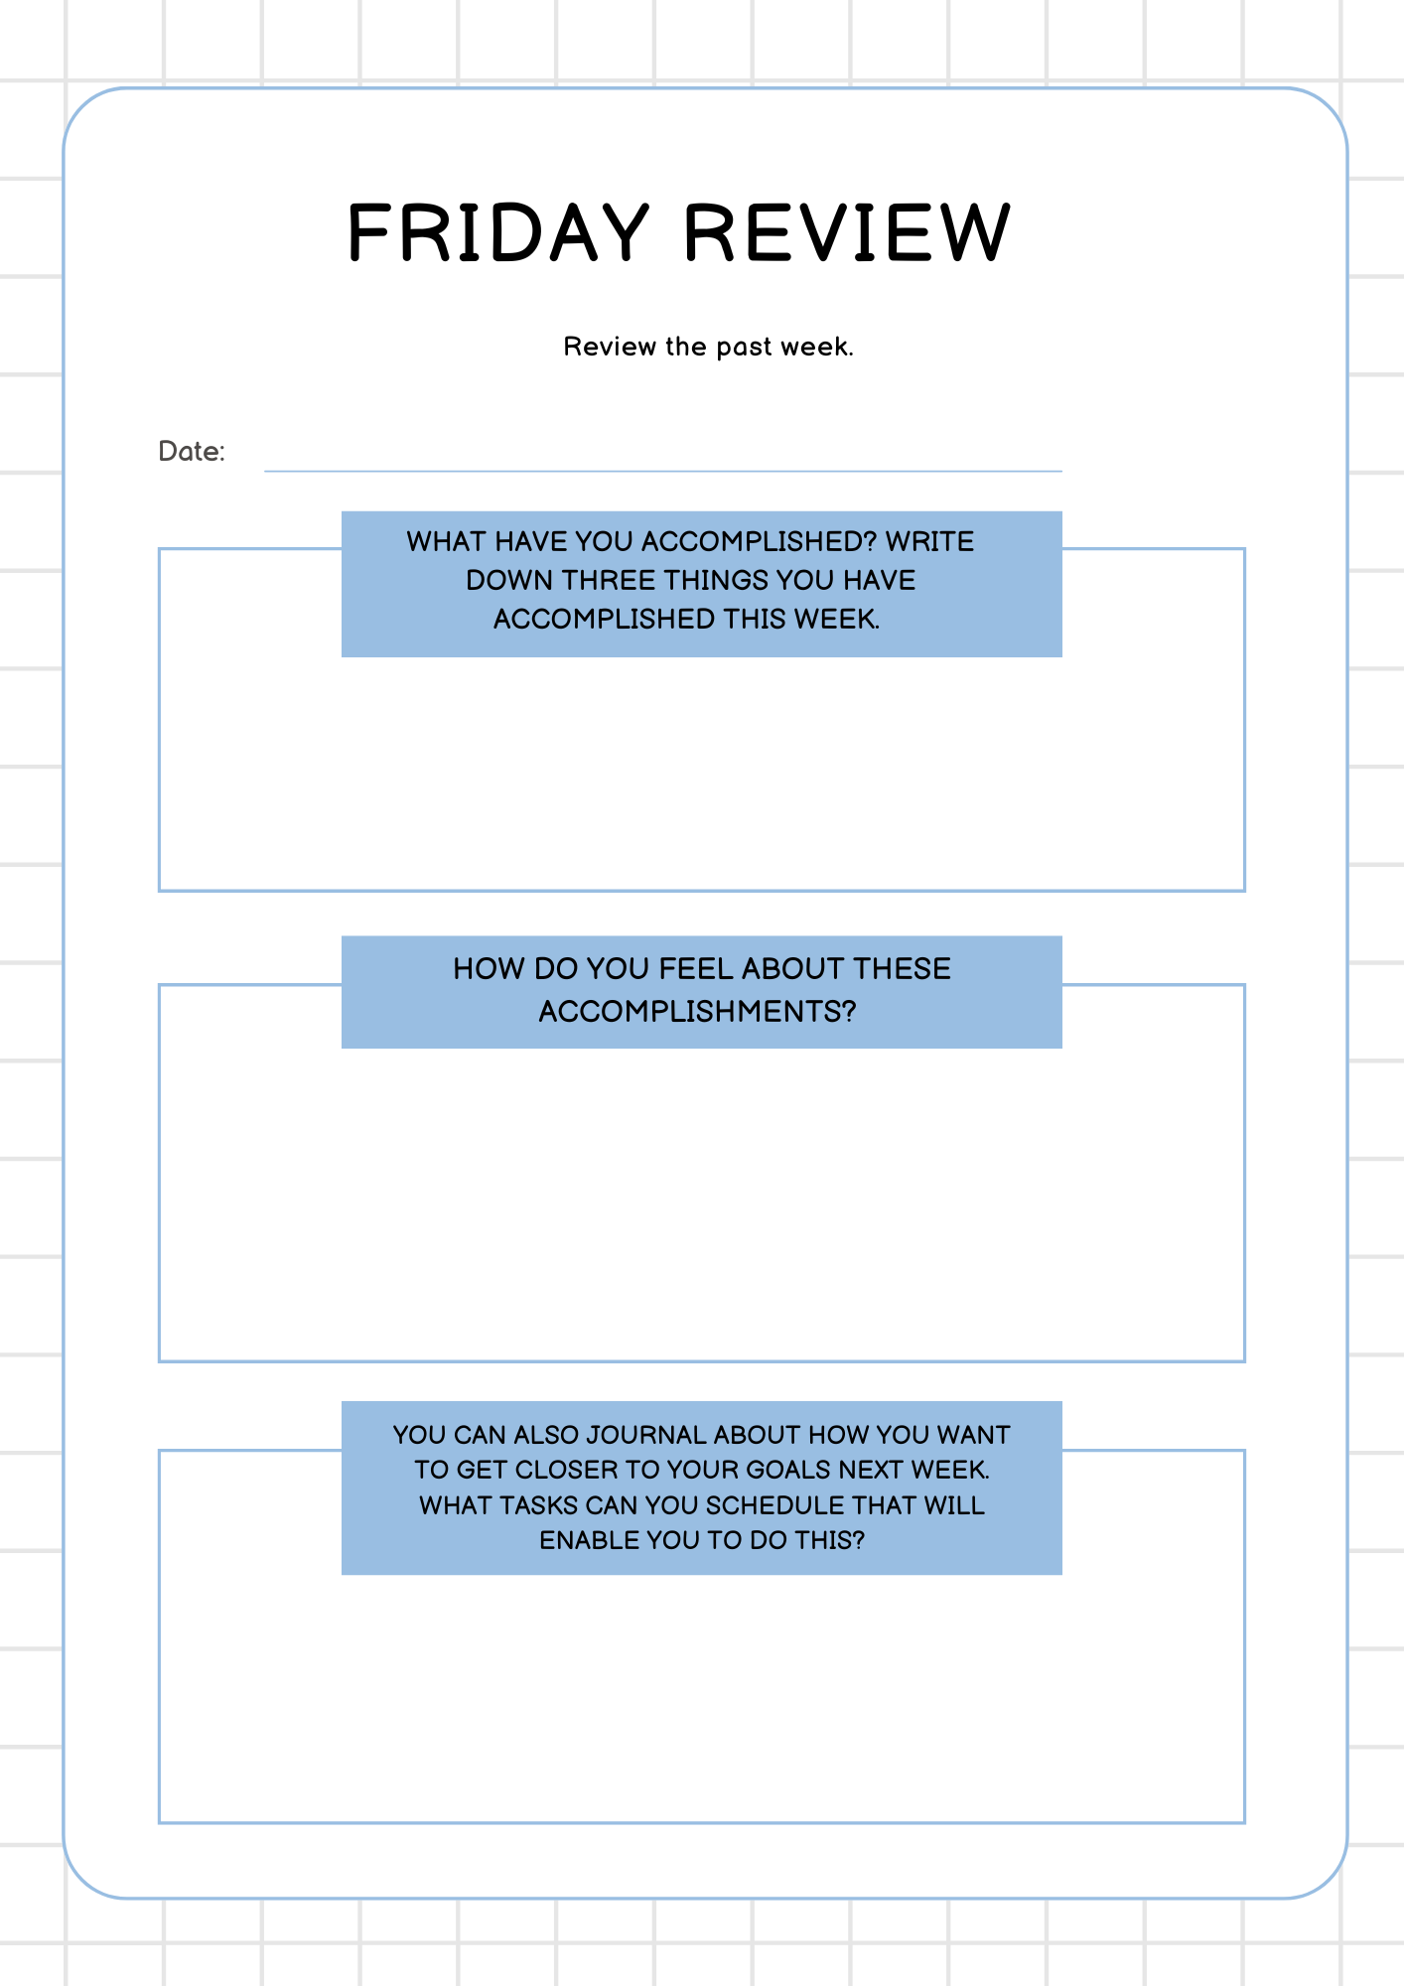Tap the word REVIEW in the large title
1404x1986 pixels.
coord(847,233)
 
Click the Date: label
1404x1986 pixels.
coord(192,452)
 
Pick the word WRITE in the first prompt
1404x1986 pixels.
coord(929,541)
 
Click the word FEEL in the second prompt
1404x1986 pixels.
coord(696,968)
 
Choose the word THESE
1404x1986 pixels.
coord(902,968)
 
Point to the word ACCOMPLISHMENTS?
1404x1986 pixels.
coord(697,1011)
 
